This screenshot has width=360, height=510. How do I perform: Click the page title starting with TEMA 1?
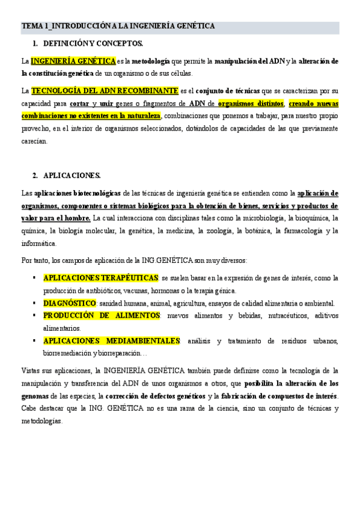tap(118, 26)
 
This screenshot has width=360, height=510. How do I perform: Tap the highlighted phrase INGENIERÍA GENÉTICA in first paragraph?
tap(73, 61)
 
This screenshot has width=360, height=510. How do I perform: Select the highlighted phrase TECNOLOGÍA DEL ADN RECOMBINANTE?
tap(104, 91)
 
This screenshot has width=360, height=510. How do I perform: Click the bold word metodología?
tap(151, 61)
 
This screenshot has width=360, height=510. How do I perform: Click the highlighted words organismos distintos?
tap(251, 103)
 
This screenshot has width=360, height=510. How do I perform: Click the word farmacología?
tap(293, 230)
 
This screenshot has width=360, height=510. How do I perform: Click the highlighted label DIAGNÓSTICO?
tap(69, 303)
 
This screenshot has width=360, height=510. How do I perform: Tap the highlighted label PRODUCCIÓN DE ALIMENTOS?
tap(102, 316)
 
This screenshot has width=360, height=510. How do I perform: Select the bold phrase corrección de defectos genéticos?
tap(155, 396)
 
